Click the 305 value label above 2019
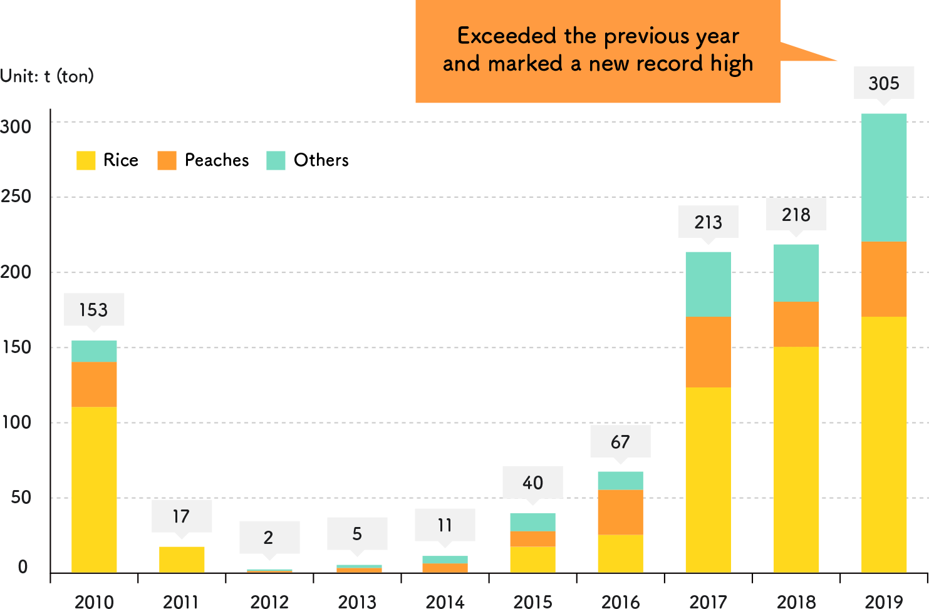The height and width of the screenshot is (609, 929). pyautogui.click(x=884, y=83)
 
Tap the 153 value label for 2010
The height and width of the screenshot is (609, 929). pyautogui.click(x=94, y=309)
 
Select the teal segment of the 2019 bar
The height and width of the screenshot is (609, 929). pyautogui.click(x=884, y=177)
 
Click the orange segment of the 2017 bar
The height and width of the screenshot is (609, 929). pyautogui.click(x=708, y=352)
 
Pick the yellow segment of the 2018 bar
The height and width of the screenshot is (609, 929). pyautogui.click(x=796, y=459)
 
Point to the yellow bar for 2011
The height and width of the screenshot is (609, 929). pyautogui.click(x=182, y=560)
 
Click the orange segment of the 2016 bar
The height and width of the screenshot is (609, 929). pyautogui.click(x=620, y=512)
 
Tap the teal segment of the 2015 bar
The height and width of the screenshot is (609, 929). pyautogui.click(x=532, y=522)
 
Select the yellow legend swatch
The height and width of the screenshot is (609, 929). pyautogui.click(x=86, y=160)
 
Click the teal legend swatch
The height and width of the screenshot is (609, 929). pyautogui.click(x=276, y=160)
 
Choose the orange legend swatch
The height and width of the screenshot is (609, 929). pyautogui.click(x=167, y=160)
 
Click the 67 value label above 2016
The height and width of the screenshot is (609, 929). pyautogui.click(x=620, y=441)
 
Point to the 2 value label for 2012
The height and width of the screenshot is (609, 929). pyautogui.click(x=269, y=537)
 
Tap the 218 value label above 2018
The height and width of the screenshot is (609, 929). pyautogui.click(x=796, y=215)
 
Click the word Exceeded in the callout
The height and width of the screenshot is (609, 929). pyautogui.click(x=506, y=36)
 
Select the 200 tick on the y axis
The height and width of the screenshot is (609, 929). pyautogui.click(x=16, y=272)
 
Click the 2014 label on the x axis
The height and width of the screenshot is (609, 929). pyautogui.click(x=445, y=601)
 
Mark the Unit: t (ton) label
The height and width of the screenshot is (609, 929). pyautogui.click(x=47, y=76)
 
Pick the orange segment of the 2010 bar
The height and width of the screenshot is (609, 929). pyautogui.click(x=94, y=384)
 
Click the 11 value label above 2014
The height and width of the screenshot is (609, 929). pyautogui.click(x=445, y=525)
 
